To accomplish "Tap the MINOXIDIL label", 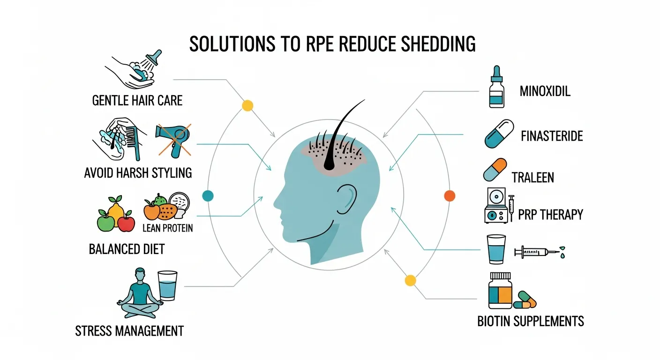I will (x=545, y=91).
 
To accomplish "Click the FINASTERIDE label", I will (x=552, y=136).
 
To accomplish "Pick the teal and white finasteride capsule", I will (x=499, y=134).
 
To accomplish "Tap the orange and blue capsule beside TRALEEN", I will (x=495, y=170).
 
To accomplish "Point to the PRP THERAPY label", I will (x=550, y=215).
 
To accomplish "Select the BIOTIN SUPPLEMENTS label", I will (x=530, y=322).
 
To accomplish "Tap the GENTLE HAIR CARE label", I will (x=137, y=100).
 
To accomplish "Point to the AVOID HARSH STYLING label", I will (x=138, y=172).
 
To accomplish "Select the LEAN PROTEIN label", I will (x=167, y=228).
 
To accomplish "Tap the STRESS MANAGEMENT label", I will (x=129, y=331).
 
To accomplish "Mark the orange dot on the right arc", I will (x=449, y=196).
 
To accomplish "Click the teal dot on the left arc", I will (x=207, y=196).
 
